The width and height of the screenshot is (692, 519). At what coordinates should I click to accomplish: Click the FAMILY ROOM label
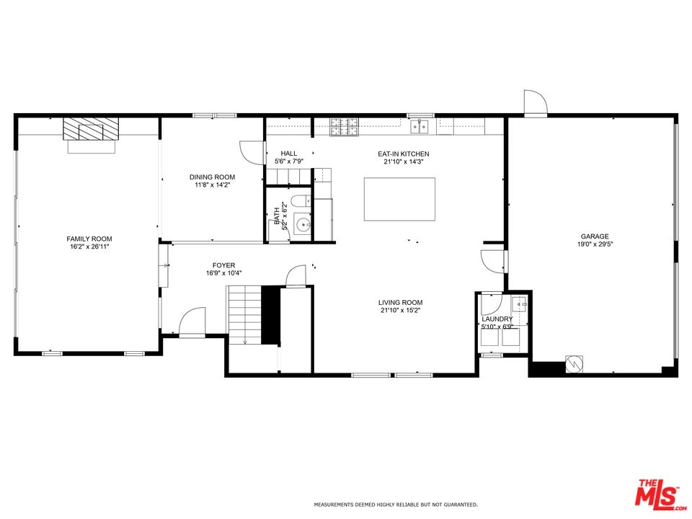pos(89,239)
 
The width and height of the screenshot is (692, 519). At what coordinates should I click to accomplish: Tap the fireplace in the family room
pos(91,130)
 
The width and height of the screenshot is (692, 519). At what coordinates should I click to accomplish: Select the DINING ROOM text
pos(212,177)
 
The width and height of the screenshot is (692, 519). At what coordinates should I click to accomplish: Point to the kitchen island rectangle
pos(399,199)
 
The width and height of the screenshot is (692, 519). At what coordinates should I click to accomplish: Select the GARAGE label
pos(595,236)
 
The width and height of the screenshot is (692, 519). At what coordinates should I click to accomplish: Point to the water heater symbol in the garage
pos(575,363)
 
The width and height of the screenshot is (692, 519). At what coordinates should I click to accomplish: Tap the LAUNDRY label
pos(497,319)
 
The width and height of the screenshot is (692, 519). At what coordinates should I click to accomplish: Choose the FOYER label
pos(223,265)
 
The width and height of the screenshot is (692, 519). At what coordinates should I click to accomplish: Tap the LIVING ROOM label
pos(400,302)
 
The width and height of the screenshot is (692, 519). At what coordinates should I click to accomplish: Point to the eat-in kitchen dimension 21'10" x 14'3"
pos(404,162)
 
